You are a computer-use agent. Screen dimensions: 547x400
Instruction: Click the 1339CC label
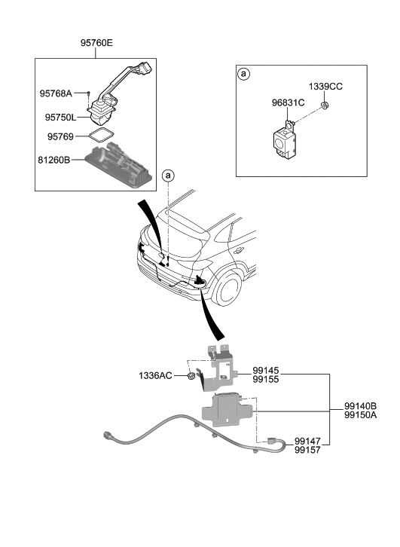point(325,87)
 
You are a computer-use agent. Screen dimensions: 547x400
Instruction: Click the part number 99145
point(267,371)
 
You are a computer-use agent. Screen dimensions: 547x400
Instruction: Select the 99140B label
point(361,405)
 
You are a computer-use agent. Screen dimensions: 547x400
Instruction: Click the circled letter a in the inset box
point(243,75)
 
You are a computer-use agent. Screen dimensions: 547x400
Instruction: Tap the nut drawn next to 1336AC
point(192,374)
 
